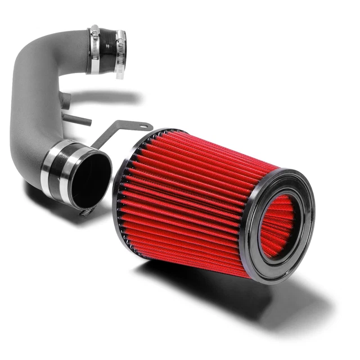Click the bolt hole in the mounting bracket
coord(145,126)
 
